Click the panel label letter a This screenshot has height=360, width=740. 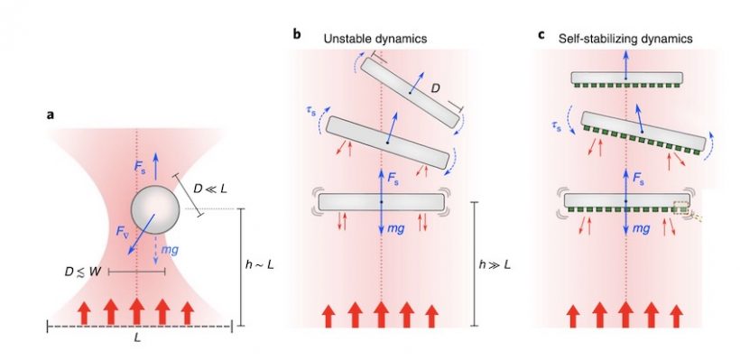tap(51, 115)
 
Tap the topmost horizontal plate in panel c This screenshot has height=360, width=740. tap(625, 79)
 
